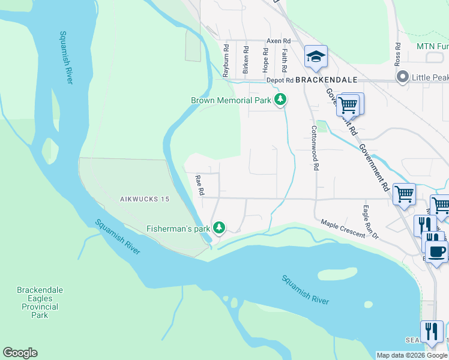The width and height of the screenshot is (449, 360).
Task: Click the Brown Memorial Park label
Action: click(x=231, y=101)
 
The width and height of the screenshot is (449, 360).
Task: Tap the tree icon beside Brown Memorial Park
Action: click(x=280, y=100)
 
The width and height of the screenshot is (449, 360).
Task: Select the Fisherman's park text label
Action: click(x=179, y=229)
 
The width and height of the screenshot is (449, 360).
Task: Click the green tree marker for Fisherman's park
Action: click(x=220, y=227)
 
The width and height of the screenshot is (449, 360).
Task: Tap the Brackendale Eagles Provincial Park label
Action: click(x=40, y=302)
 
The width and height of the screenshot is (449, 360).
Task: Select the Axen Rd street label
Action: click(x=279, y=41)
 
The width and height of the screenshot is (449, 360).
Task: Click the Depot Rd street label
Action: click(x=280, y=80)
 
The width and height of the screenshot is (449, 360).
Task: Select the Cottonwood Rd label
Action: click(x=314, y=148)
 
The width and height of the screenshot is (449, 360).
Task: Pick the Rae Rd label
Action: click(x=200, y=185)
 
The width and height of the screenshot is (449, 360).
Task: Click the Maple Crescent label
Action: click(x=343, y=228)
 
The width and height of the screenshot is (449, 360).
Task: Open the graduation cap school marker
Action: click(x=316, y=57)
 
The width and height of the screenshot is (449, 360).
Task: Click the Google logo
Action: click(x=20, y=353)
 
